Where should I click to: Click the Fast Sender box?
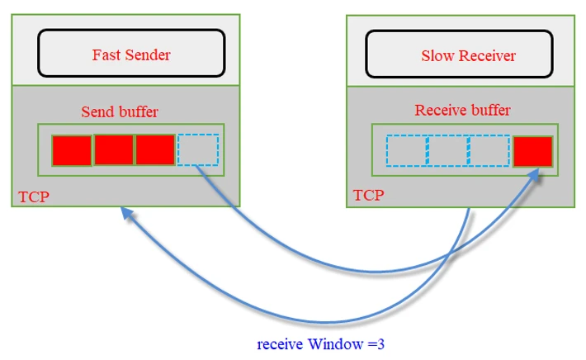pos(131,54)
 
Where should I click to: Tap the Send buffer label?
pos(120,111)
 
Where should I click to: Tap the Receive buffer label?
pos(462,110)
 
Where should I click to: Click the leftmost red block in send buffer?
pos(72,150)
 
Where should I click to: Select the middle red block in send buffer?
pos(114,150)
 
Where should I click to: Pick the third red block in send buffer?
pos(156,150)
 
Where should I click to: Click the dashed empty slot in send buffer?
pos(198,150)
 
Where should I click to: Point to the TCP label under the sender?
pos(34,197)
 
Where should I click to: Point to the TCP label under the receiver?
pos(368,196)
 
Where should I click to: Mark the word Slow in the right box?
pos(436,56)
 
